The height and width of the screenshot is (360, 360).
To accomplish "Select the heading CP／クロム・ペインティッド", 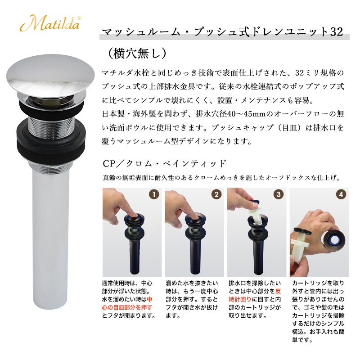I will (165, 163).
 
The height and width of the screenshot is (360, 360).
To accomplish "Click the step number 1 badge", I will (154, 194).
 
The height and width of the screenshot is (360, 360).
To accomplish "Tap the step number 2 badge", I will (216, 194).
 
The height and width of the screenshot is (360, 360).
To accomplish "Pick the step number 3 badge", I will (279, 194).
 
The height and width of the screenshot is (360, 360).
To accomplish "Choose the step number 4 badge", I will (341, 194).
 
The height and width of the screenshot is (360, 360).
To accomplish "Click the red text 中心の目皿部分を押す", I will (127, 303).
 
